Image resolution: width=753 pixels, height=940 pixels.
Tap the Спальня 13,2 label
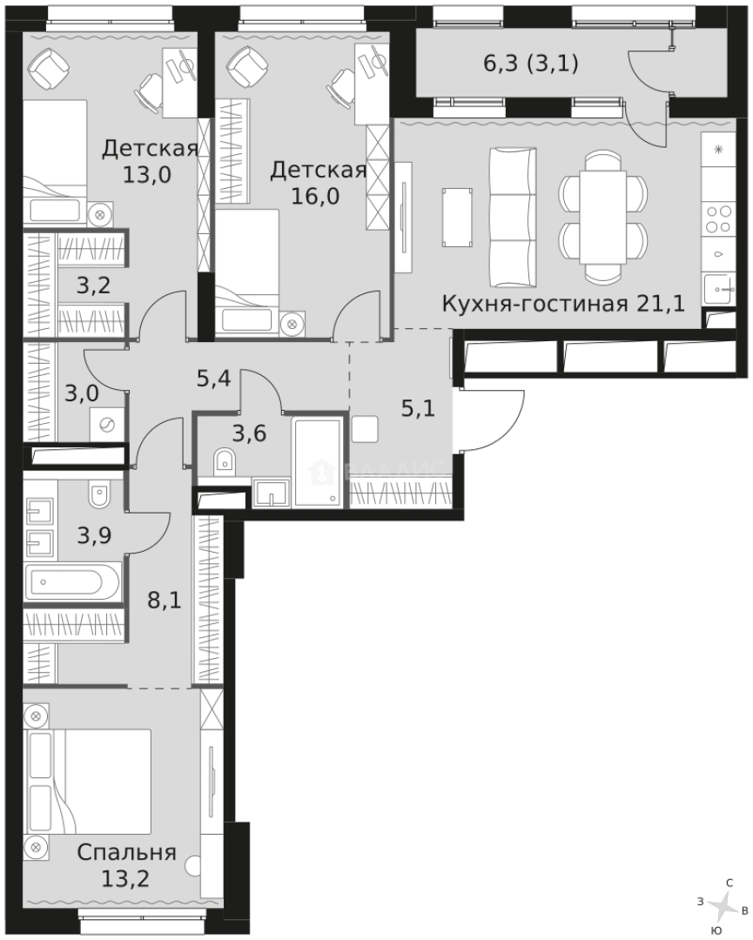click(126, 864)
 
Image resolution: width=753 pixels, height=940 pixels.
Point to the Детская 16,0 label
click(317, 181)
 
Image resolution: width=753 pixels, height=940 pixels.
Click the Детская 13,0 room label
click(149, 160)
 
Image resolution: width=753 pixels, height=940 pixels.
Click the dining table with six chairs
click(603, 217)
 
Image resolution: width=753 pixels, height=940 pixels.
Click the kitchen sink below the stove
click(718, 288)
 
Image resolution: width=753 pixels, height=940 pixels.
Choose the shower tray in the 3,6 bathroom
click(318, 461)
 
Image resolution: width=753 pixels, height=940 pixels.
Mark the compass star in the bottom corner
click(722, 907)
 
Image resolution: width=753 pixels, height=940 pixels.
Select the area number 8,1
click(163, 600)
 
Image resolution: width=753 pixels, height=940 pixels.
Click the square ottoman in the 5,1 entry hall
click(366, 429)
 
